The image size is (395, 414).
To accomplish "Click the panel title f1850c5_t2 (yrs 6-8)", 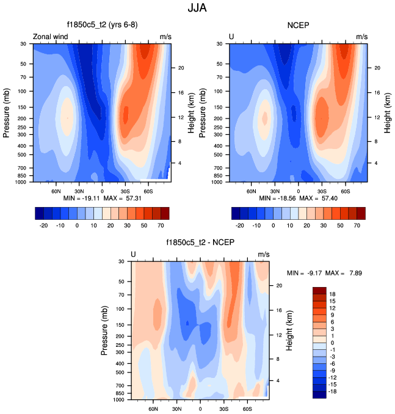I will coord(102,26).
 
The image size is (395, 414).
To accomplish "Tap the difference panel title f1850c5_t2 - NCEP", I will coord(200,242).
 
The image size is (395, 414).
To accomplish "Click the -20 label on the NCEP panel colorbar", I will coord(240,225).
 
